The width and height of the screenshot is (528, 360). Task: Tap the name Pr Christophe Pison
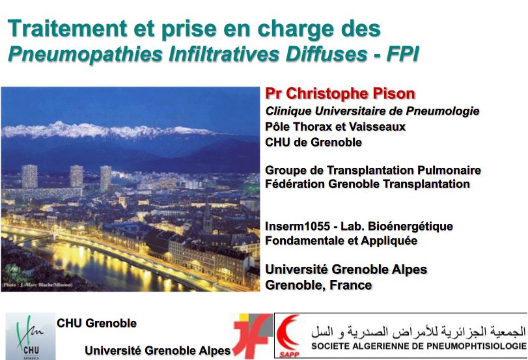point(340,94)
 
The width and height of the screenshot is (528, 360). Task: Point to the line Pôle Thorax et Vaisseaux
point(335,126)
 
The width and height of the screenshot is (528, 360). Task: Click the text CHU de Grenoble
point(313,142)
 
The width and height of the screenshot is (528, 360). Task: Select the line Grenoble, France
point(318,285)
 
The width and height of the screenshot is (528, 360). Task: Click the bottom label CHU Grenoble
point(97,323)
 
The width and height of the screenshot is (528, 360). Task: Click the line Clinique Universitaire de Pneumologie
point(372,111)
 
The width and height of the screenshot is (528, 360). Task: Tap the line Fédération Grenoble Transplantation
point(367,184)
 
